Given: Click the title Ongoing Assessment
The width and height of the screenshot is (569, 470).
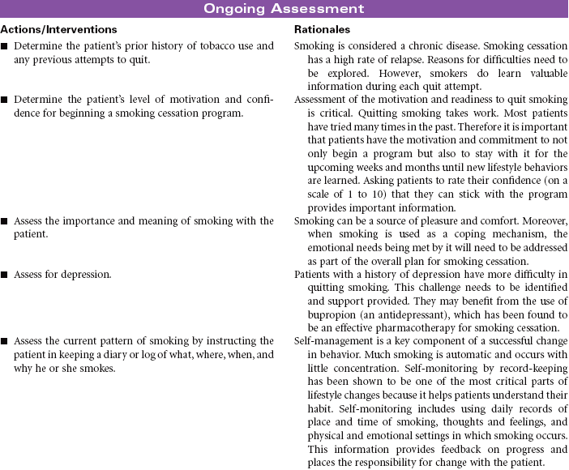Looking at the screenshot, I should pyautogui.click(x=284, y=9).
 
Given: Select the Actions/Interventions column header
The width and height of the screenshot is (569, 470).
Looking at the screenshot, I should pyautogui.click(x=53, y=29).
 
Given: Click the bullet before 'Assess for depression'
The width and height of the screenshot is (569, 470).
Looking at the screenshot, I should pyautogui.click(x=6, y=275).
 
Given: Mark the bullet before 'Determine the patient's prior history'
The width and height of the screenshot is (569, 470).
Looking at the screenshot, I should pyautogui.click(x=6, y=46).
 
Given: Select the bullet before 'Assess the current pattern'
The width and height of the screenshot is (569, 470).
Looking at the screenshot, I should pyautogui.click(x=6, y=341).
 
